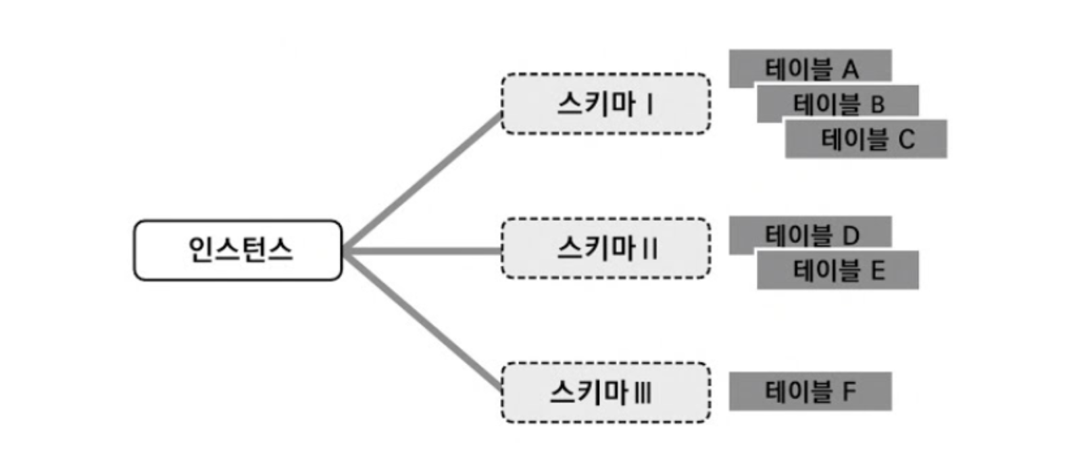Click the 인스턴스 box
(238, 250)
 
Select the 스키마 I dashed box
(605, 103)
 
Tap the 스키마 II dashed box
(605, 248)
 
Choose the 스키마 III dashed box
(605, 392)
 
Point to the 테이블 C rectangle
(866, 139)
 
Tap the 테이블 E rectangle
(838, 270)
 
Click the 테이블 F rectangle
(810, 391)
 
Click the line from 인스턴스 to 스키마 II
(422, 251)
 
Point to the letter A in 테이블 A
(850, 69)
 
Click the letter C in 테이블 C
(906, 140)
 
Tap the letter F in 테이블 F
(849, 391)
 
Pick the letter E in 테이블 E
(878, 271)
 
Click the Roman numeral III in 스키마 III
(643, 393)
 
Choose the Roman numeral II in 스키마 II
(649, 249)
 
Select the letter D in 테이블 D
(850, 235)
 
